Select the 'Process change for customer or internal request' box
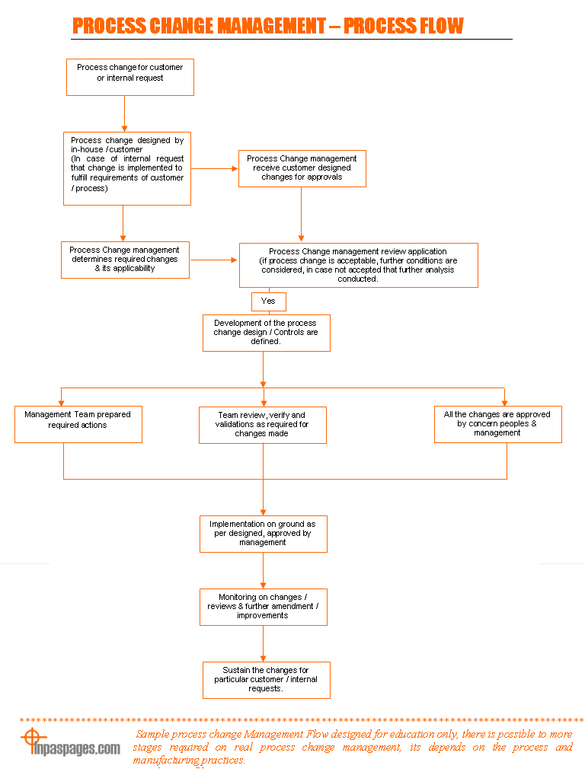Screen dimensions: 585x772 pyautogui.click(x=130, y=78)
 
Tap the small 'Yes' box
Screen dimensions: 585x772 pyautogui.click(x=268, y=301)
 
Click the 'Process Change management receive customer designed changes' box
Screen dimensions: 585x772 pyautogui.click(x=302, y=168)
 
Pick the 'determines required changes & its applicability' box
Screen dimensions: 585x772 pyautogui.click(x=125, y=260)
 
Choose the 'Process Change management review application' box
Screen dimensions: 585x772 pyautogui.click(x=359, y=265)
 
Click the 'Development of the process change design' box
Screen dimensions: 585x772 pyautogui.click(x=267, y=333)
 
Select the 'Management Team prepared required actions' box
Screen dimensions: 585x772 pyautogui.click(x=78, y=424)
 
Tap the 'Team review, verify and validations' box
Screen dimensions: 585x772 pyautogui.click(x=263, y=425)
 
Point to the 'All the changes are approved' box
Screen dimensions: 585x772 pyautogui.click(x=498, y=424)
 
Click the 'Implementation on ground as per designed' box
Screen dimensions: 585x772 pyautogui.click(x=264, y=534)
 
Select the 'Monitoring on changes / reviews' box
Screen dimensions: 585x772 pyautogui.click(x=264, y=607)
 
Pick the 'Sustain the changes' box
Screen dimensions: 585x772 pyautogui.click(x=267, y=680)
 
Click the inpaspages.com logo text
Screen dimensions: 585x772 pyautogui.click(x=76, y=748)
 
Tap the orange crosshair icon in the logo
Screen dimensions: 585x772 pyautogui.click(x=32, y=738)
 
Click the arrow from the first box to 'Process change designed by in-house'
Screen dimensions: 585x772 pyautogui.click(x=125, y=113)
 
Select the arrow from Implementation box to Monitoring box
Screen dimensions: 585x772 pyautogui.click(x=263, y=571)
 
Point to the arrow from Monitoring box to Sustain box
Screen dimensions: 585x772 pyautogui.click(x=263, y=643)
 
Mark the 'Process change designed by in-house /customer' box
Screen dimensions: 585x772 pyautogui.click(x=127, y=168)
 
